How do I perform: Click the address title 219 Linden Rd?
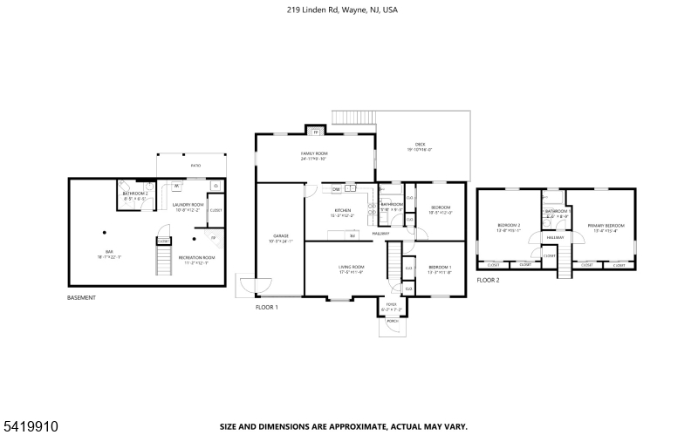pos(348,10)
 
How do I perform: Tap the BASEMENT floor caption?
pos(81,298)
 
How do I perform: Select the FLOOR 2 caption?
pos(488,280)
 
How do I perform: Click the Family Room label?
pos(313,154)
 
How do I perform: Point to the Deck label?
pos(421,145)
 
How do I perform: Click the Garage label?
pos(281,236)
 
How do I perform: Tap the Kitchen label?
pos(343,211)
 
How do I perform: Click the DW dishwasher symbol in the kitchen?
pos(336,188)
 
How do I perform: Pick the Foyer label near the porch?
pos(391,306)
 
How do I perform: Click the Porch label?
pos(393,321)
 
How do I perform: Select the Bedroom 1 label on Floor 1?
pos(439,267)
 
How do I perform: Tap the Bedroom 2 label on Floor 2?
pos(509,226)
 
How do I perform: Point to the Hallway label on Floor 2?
pos(556,237)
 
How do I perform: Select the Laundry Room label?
pos(188,206)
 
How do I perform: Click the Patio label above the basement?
pos(195,165)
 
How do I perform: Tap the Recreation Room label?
pos(196,258)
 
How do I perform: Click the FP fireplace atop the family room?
pos(316,132)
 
